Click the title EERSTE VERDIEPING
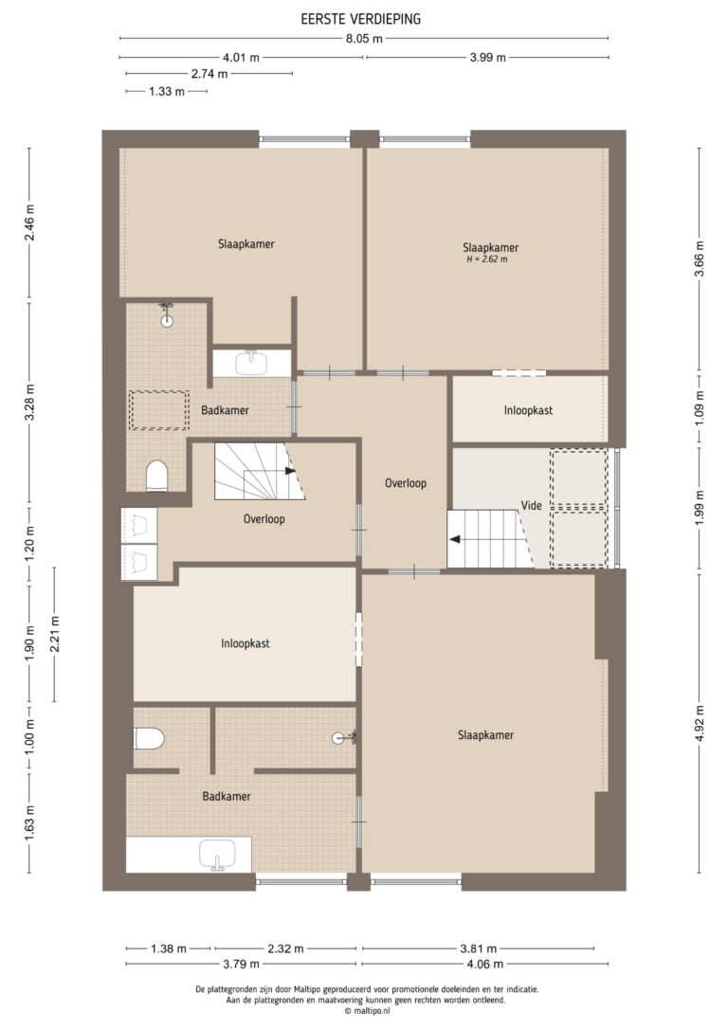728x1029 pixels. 360,19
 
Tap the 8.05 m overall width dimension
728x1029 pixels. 364,39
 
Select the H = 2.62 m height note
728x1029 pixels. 486,260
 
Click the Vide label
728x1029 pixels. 531,505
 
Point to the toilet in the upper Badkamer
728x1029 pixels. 156,475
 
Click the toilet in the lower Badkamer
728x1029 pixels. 149,738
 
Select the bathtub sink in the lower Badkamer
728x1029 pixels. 218,855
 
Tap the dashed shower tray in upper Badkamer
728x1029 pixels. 159,410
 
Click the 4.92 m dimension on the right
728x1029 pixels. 700,724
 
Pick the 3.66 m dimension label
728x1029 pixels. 700,260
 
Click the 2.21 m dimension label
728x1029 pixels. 54,634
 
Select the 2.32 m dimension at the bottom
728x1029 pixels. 285,948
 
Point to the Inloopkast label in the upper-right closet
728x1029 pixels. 528,410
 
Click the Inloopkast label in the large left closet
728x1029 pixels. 245,643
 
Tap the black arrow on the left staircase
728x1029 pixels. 290,471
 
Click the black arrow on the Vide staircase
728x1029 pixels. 454,540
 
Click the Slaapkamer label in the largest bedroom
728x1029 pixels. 485,735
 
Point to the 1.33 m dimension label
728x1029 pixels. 167,91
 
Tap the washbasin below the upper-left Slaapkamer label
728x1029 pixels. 251,362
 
